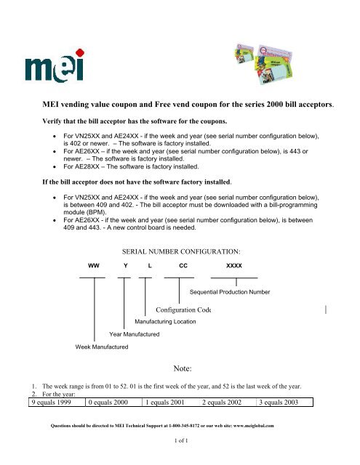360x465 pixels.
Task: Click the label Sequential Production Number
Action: (229, 292)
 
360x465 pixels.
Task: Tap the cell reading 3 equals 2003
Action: (285, 402)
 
